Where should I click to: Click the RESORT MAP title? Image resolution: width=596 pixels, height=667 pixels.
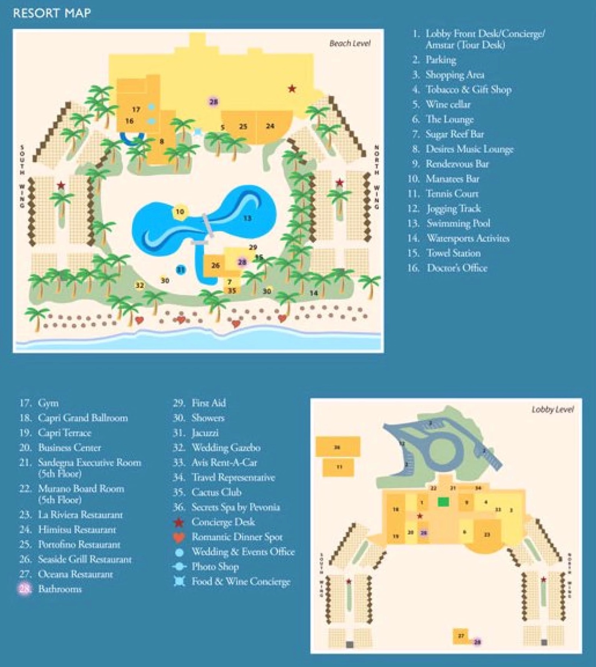point(52,13)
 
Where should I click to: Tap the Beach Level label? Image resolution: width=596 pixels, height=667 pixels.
point(350,44)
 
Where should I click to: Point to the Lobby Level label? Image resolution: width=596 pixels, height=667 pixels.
point(552,409)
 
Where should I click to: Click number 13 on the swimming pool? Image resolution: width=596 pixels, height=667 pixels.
point(247,218)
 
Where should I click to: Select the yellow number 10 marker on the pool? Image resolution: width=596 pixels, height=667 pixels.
point(180,212)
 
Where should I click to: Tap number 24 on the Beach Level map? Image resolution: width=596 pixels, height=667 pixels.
point(270,126)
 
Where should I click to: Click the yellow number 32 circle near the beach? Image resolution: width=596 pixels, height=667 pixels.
point(140,285)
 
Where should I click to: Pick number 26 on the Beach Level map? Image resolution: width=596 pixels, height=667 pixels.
point(216,265)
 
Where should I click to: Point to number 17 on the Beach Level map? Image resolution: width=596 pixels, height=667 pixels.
point(136,109)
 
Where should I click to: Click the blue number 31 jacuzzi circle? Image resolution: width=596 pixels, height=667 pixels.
point(181,269)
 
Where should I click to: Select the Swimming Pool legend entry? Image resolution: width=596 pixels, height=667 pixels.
point(458,223)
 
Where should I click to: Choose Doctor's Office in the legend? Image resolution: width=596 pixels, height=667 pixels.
point(457,268)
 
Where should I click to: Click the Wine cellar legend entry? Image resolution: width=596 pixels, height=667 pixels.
point(448,104)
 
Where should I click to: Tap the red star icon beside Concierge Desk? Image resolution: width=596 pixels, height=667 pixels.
point(179,522)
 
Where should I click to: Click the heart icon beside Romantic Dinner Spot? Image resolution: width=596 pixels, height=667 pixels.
point(179,537)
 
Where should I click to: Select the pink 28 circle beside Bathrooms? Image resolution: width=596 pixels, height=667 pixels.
point(25,589)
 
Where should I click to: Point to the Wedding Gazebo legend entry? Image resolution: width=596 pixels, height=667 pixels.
point(226,447)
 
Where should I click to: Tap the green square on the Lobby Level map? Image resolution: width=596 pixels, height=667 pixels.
point(443,502)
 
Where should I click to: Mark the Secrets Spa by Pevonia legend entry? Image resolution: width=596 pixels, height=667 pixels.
point(235,507)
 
